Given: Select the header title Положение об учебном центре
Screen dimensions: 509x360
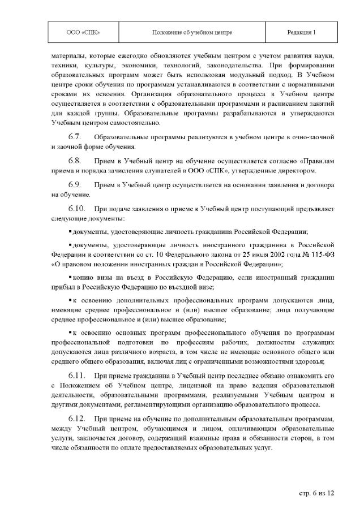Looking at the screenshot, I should click(x=192, y=32).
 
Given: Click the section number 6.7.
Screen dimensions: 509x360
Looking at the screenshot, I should click(x=75, y=137).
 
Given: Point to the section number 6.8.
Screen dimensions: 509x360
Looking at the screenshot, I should click(x=75, y=161).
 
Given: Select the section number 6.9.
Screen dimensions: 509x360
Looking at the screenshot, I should click(x=75, y=185).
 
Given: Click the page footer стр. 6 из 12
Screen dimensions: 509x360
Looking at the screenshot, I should click(x=317, y=493).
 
